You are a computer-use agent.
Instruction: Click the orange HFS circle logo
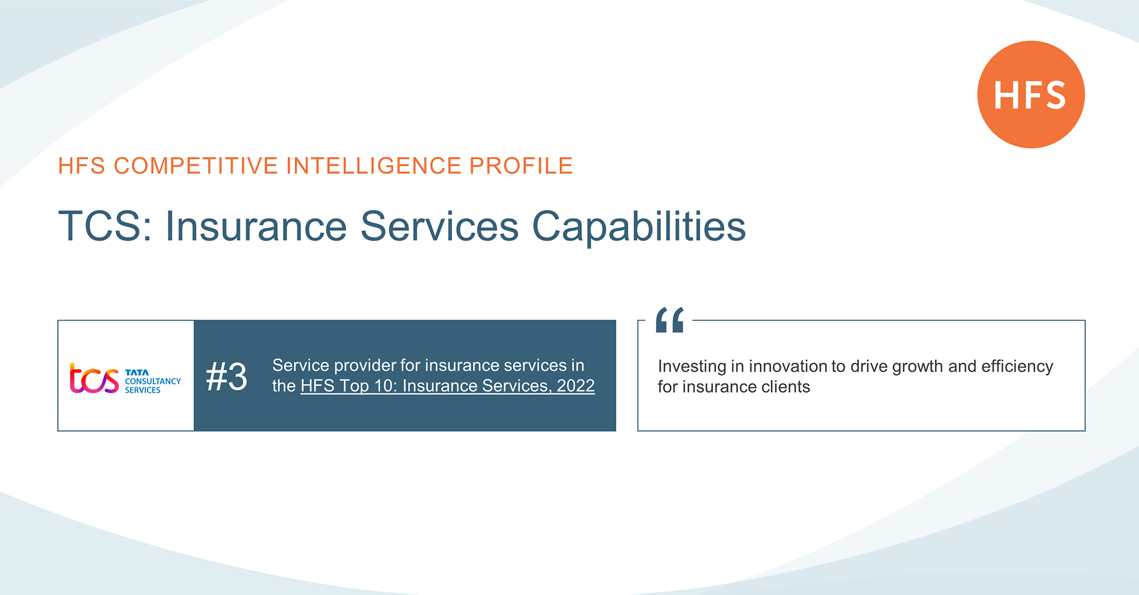click(1031, 94)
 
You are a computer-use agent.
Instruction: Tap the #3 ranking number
click(227, 376)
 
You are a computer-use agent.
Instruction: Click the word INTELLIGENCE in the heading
click(374, 166)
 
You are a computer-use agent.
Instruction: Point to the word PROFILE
click(521, 166)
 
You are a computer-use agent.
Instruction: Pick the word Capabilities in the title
click(639, 226)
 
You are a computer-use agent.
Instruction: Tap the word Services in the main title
click(439, 226)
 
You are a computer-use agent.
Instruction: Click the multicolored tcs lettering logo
click(94, 378)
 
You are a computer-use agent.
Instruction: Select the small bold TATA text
click(137, 373)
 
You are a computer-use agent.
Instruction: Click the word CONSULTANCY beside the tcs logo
click(153, 381)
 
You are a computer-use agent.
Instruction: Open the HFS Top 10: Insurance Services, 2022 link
click(447, 386)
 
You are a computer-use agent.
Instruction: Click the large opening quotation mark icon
click(670, 320)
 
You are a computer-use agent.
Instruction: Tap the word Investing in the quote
click(692, 367)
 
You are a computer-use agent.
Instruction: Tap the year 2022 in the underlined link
click(575, 386)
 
